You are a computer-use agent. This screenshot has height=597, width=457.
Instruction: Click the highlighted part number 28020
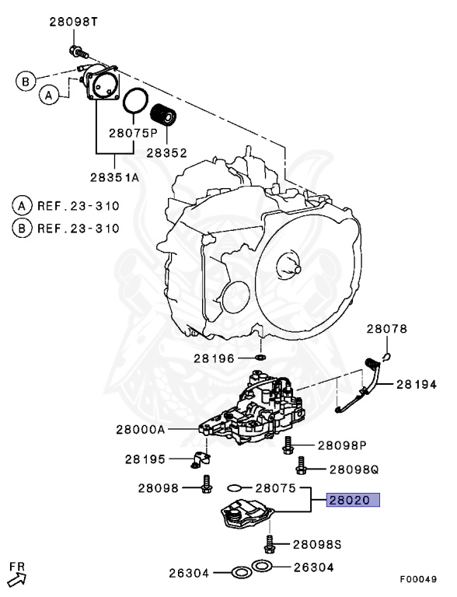point(353,501)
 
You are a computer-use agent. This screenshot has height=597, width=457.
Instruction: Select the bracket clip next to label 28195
point(200,459)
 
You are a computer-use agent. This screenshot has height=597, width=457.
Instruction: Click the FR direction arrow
point(17,574)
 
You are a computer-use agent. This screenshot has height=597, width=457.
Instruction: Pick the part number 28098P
point(341,445)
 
